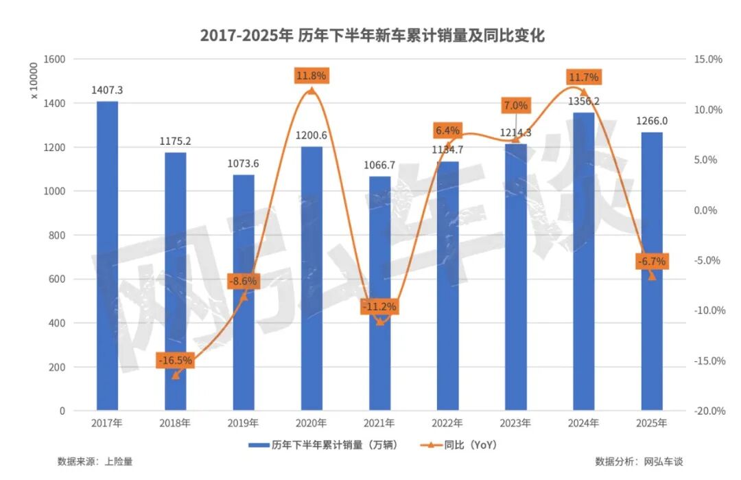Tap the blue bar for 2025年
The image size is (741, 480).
652,271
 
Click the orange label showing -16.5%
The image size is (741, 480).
176,360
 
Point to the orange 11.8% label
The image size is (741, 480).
311,76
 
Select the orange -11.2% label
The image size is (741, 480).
379,307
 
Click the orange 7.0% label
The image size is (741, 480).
515,106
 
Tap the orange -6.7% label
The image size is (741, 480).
651,262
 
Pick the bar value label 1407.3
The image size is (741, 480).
107,90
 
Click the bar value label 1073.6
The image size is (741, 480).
244,163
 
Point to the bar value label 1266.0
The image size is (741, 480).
652,121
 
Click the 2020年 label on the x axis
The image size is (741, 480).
311,423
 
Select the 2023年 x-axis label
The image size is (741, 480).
515,423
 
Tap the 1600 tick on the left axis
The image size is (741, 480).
56,60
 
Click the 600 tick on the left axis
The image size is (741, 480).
58,279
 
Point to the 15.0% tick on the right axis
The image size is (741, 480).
708,60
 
